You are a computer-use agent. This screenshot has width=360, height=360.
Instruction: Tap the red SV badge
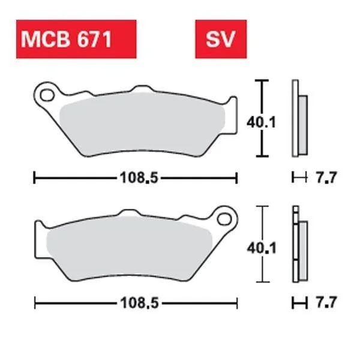[x=221, y=39]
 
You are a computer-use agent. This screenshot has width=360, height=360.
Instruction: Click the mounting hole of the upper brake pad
[x=47, y=95]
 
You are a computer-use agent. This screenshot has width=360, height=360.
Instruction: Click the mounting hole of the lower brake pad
[x=224, y=219]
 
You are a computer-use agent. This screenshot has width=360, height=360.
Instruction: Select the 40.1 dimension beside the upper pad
[x=261, y=122]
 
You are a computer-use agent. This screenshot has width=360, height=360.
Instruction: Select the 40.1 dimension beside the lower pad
[x=262, y=248]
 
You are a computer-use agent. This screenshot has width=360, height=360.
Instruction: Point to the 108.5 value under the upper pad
[x=139, y=178]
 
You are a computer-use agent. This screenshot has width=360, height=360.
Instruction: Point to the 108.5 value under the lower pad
[x=140, y=303]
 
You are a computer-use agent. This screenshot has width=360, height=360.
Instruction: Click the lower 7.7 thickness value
[x=326, y=302]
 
